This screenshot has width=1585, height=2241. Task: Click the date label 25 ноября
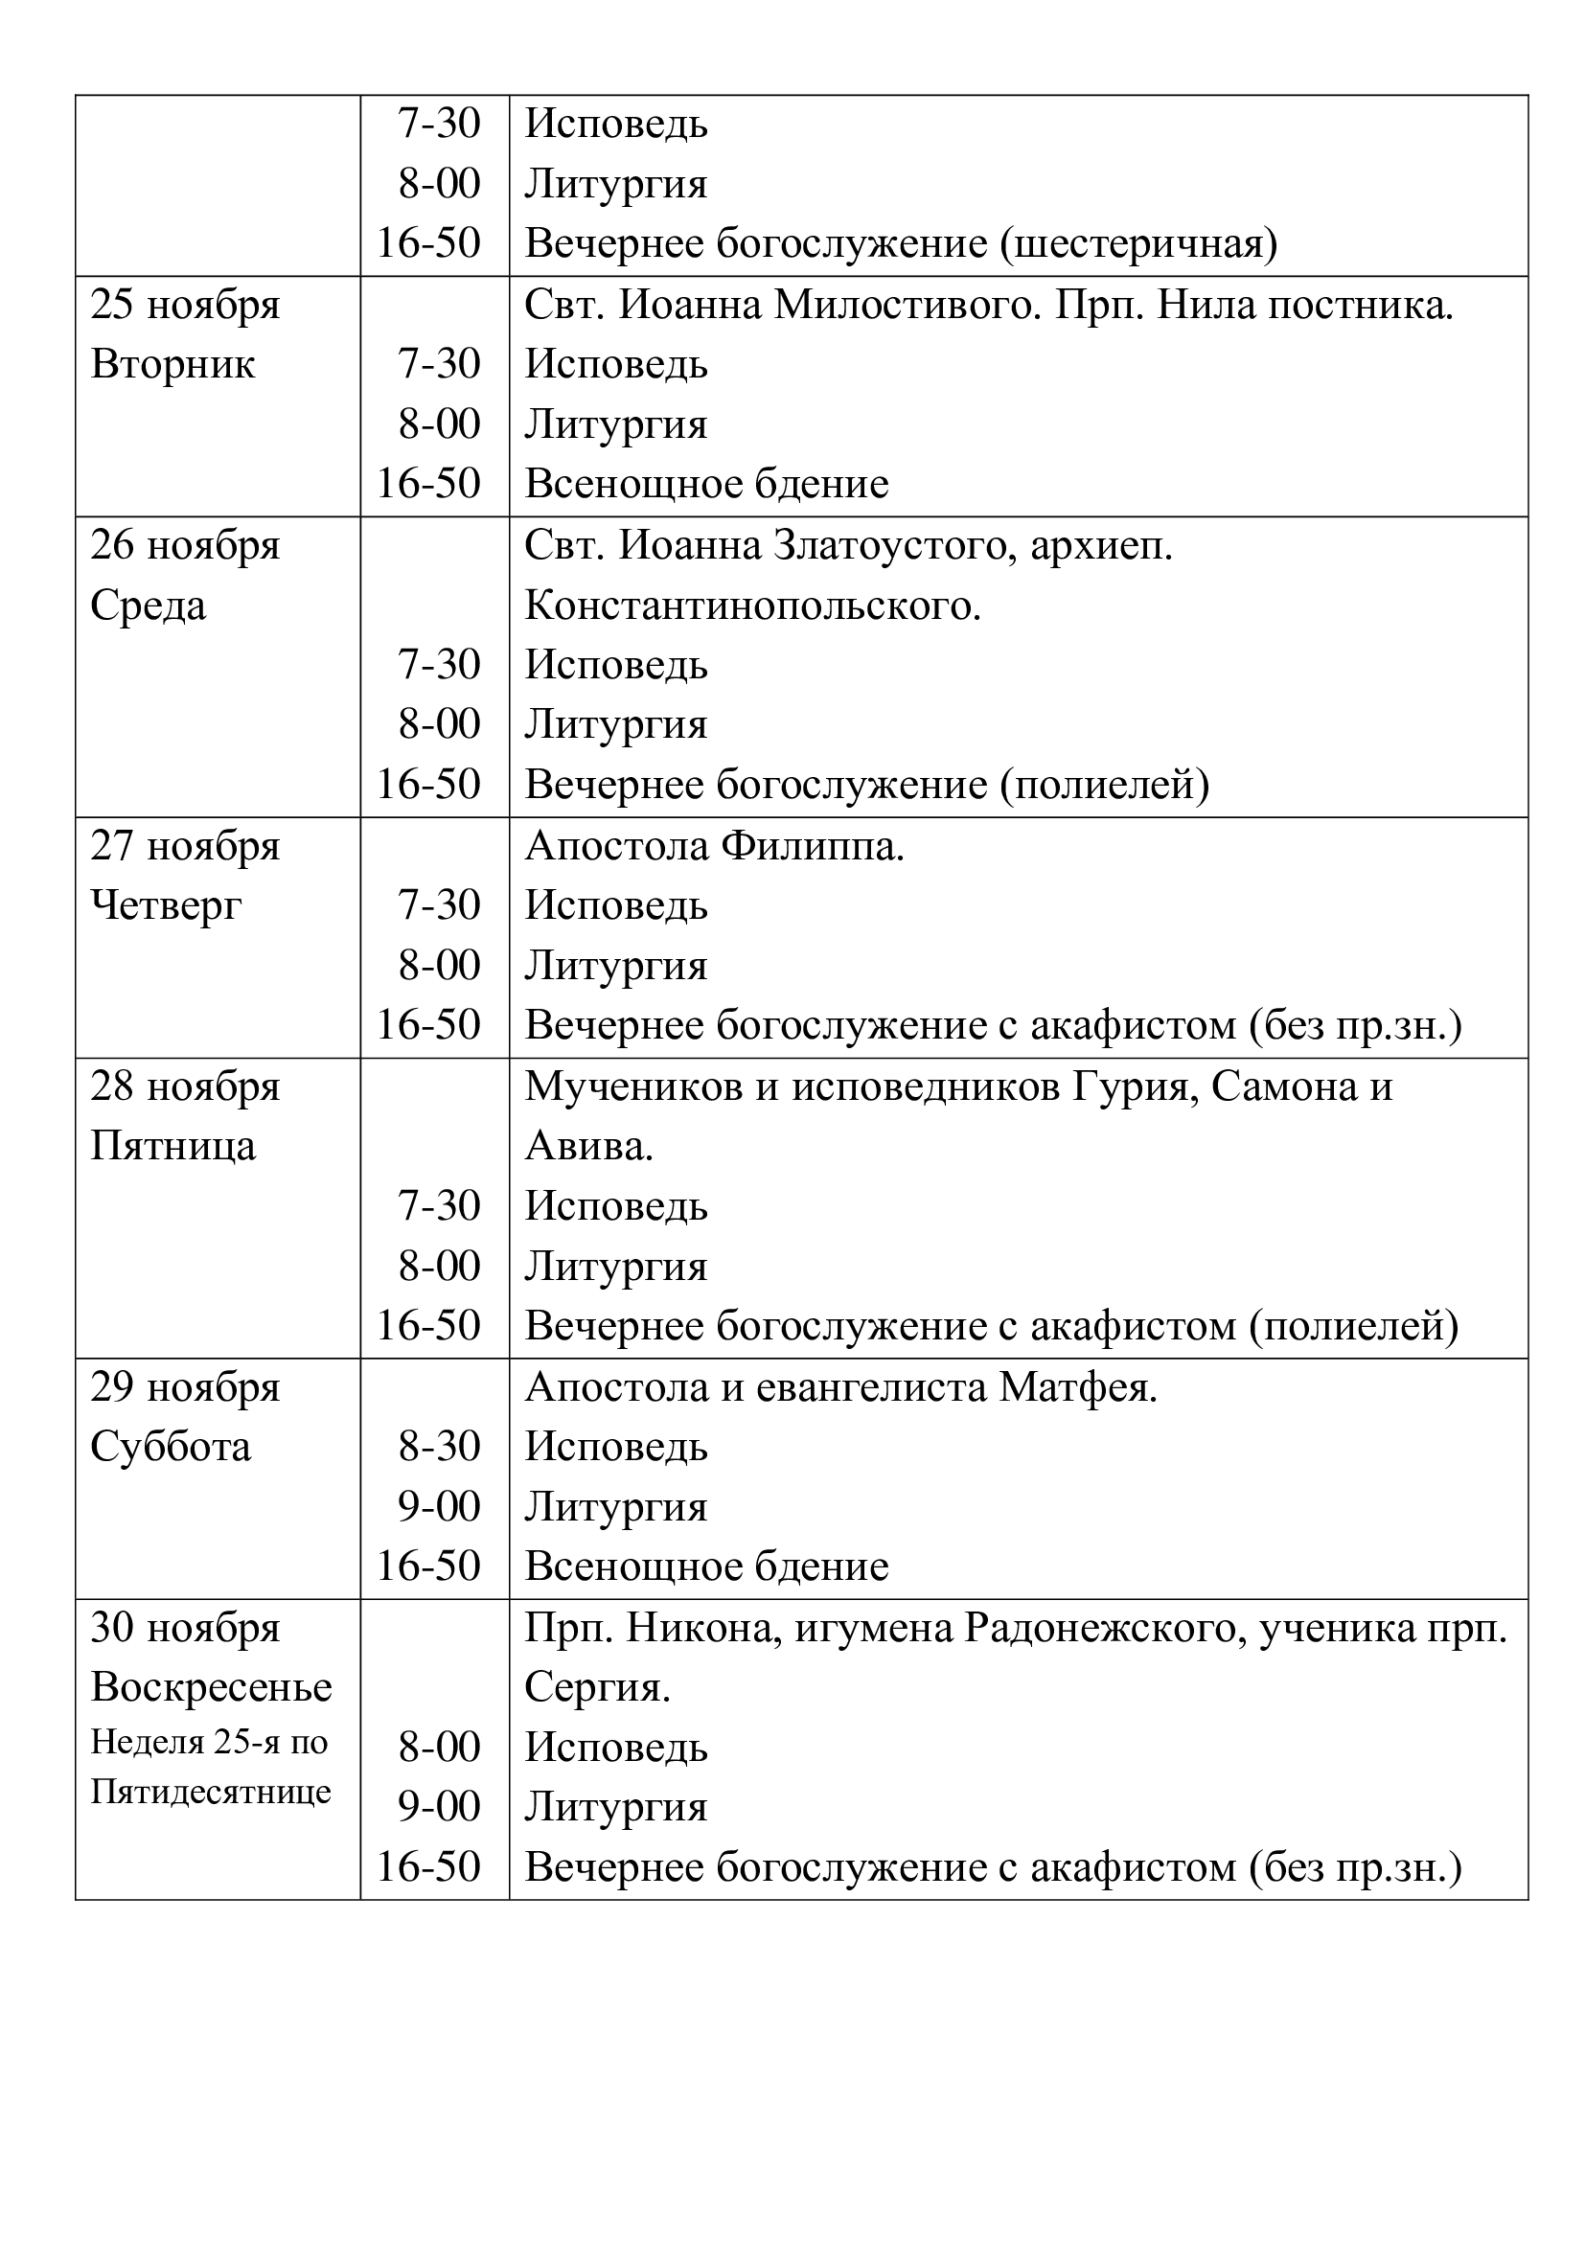186,306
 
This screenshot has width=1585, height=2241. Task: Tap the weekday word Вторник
172,365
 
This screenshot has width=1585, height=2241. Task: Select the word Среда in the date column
149,606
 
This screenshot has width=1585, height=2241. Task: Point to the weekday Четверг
166,905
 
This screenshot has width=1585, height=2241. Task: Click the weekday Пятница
172,1146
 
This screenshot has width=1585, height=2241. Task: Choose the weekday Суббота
171,1447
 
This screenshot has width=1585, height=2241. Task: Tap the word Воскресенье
212,1687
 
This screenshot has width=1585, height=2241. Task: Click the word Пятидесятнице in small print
211,1792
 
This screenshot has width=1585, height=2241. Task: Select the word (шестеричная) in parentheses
1138,244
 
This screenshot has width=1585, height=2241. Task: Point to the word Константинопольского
752,606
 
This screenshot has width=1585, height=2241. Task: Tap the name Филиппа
813,846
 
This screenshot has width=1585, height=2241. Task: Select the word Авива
588,1146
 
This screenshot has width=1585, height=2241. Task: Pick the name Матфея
1077,1387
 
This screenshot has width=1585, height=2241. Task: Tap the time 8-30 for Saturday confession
439,1447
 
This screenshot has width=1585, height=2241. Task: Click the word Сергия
597,1687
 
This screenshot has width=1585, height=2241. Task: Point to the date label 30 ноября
186,1628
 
